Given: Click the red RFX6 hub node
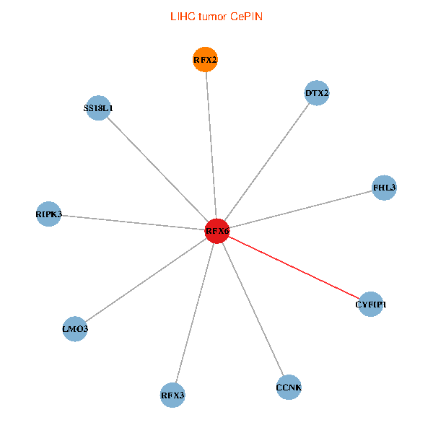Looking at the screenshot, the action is click(217, 232).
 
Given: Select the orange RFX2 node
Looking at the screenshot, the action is click(205, 59).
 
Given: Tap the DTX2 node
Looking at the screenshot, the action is click(317, 93).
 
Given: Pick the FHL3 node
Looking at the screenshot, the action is click(384, 188).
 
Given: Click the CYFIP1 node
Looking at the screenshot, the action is click(370, 305).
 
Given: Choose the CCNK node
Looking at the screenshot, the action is click(289, 388).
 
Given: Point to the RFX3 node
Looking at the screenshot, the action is click(172, 395).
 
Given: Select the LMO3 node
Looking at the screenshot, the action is click(75, 329).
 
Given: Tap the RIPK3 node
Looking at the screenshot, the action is click(48, 214).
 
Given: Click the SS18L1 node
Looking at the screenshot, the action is click(98, 108).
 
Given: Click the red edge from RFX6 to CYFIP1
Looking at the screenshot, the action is click(294, 268).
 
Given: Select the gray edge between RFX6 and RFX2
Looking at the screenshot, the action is click(211, 144).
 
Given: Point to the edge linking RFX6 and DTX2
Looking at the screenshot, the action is click(267, 162).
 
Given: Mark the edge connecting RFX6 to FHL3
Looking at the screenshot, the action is click(300, 210).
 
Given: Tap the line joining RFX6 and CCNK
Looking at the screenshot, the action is click(253, 310).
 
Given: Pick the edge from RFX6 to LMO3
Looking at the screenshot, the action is click(146, 281).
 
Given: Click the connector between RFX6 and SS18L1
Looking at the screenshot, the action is click(157, 170).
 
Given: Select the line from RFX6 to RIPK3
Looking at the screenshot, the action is click(133, 223).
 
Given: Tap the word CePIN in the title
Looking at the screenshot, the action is click(247, 16).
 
